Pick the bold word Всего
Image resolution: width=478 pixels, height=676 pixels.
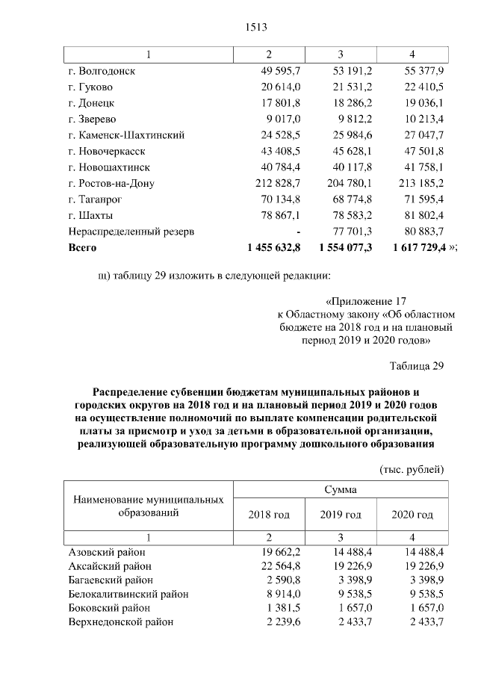[x=82, y=247]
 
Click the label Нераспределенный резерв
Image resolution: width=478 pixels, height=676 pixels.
[x=131, y=232]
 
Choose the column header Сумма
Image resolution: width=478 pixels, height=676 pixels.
[x=341, y=491]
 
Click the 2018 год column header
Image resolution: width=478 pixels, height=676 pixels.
[x=269, y=515]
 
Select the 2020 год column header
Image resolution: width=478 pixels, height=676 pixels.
[x=412, y=515]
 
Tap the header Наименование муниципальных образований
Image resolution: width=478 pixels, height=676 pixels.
[x=148, y=506]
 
